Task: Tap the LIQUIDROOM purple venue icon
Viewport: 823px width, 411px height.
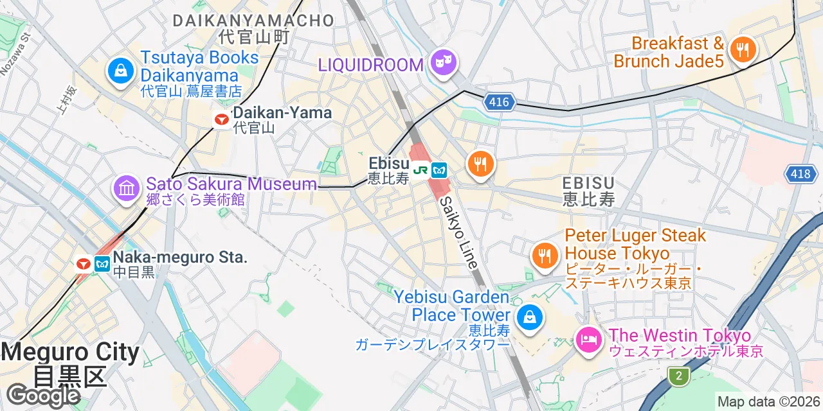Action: pyautogui.click(x=444, y=63)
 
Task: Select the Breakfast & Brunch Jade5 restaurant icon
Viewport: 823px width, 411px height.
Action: pyautogui.click(x=742, y=49)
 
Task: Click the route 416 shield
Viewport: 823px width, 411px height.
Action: pyautogui.click(x=498, y=101)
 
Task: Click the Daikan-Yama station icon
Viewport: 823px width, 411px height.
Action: pyautogui.click(x=222, y=119)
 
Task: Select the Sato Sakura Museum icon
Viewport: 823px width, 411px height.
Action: pyautogui.click(x=127, y=189)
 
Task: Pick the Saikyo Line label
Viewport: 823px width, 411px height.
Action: pyautogui.click(x=459, y=232)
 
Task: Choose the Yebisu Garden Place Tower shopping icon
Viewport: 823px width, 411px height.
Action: pyautogui.click(x=529, y=317)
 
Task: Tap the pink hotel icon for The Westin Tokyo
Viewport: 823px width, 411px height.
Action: pyautogui.click(x=588, y=339)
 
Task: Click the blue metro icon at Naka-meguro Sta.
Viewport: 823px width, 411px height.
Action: pyautogui.click(x=102, y=263)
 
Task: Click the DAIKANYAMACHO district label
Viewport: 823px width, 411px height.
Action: pyautogui.click(x=253, y=21)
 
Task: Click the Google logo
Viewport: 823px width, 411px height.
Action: pyautogui.click(x=42, y=396)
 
